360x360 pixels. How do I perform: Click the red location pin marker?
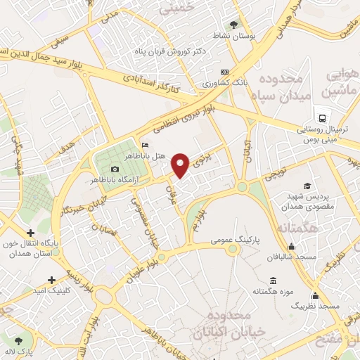(x=181, y=165)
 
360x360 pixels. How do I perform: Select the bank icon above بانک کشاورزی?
(x=224, y=72)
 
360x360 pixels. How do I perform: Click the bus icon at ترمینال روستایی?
(x=321, y=117)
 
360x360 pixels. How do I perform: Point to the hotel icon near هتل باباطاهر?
(x=145, y=146)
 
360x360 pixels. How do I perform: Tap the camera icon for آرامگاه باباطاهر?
(x=115, y=169)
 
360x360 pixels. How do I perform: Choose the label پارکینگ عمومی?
(x=235, y=240)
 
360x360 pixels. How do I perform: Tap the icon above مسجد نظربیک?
(x=315, y=296)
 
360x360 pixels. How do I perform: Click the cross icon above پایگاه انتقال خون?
(x=30, y=233)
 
